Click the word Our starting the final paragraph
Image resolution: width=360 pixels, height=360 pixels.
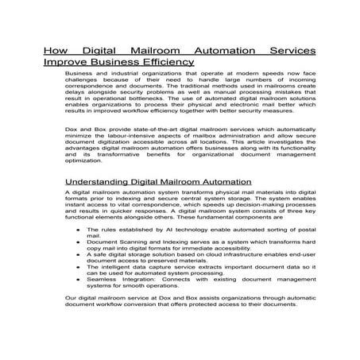coord(72,308)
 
